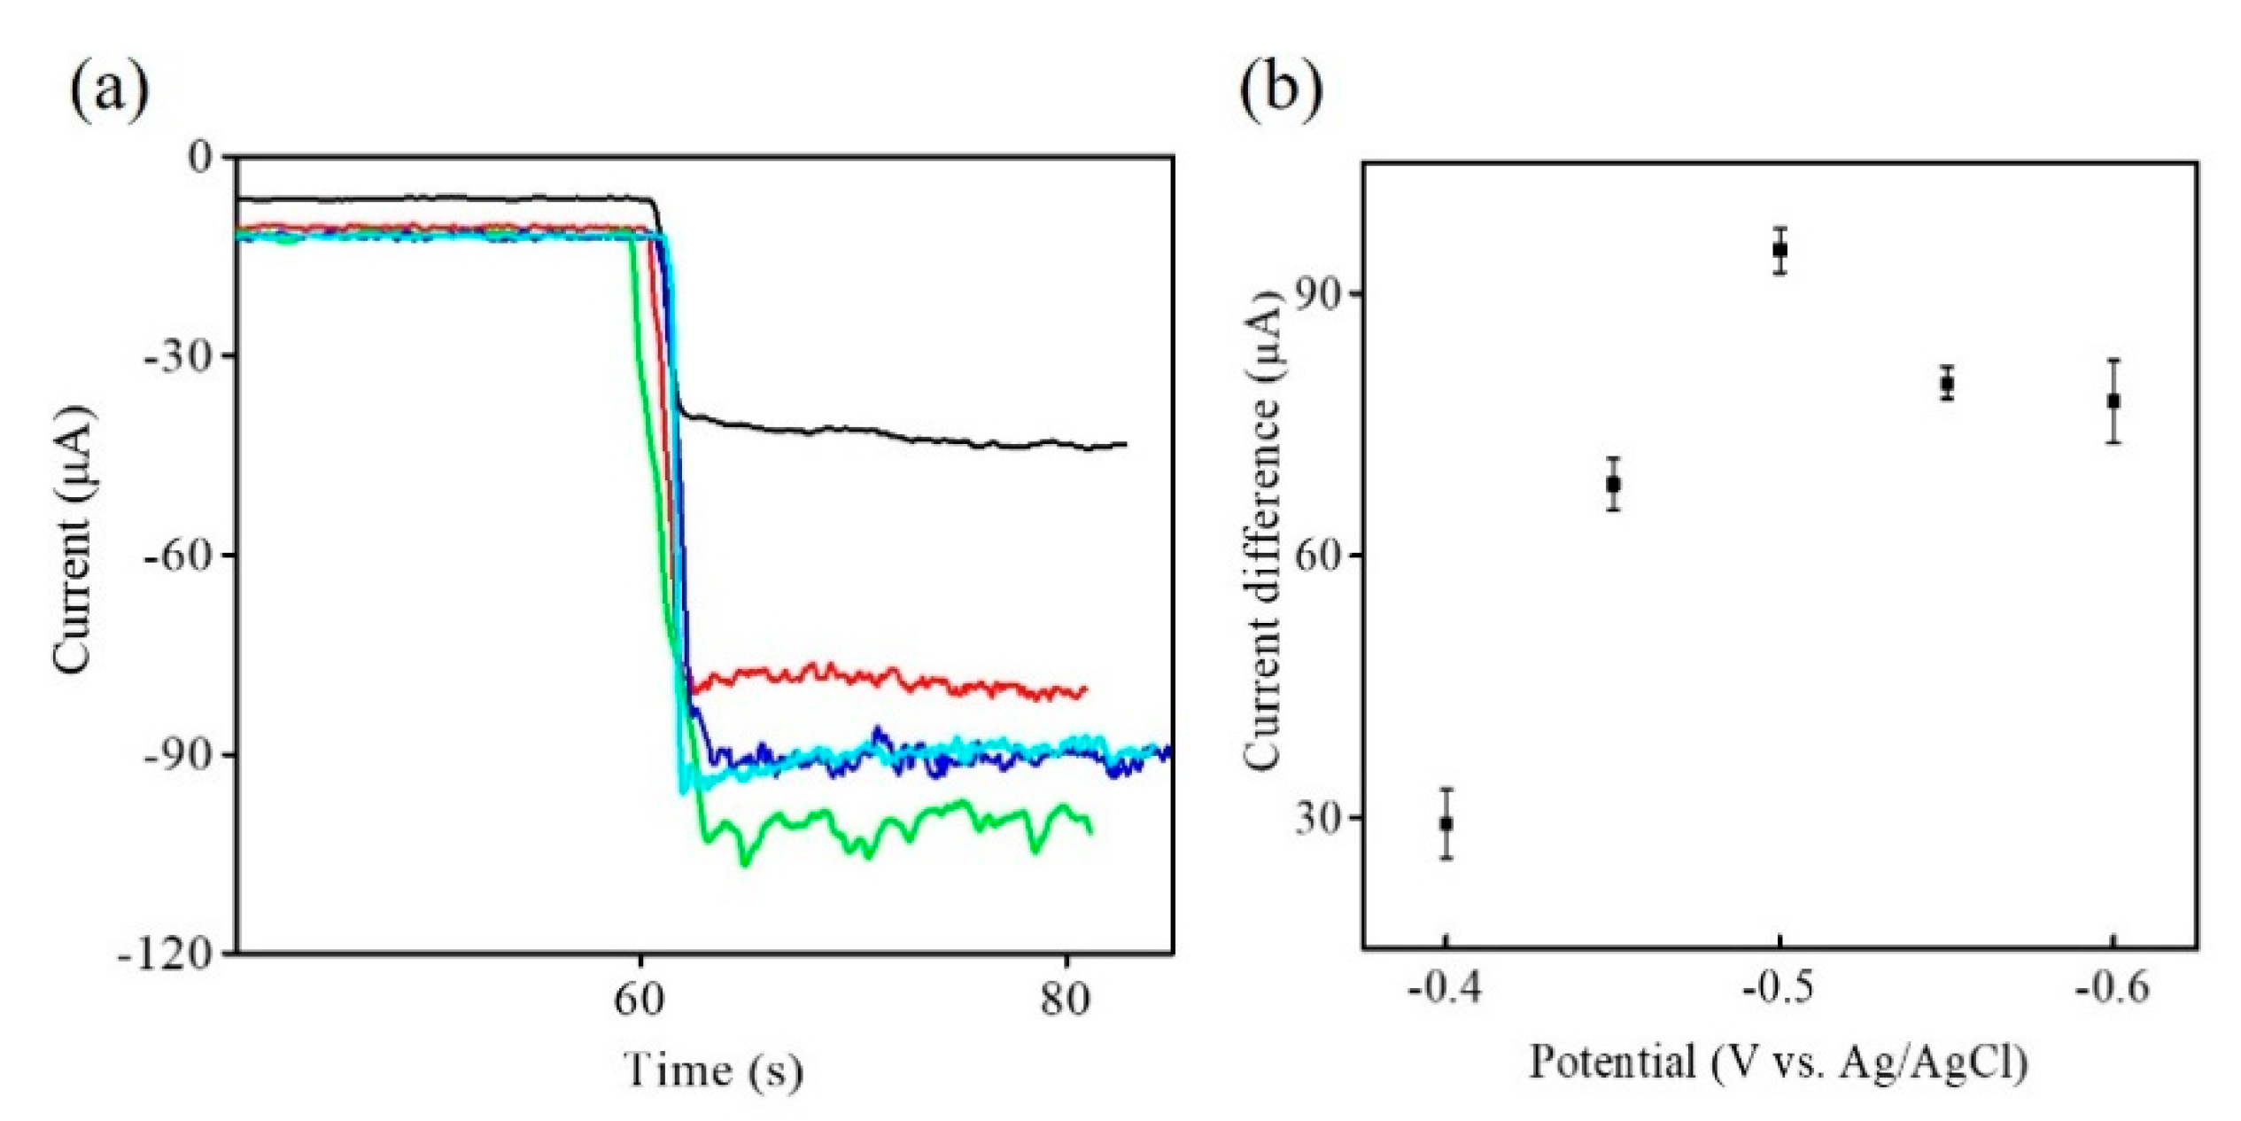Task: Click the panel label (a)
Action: (109, 90)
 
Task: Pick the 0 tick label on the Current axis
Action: (202, 157)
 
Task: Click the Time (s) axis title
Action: (714, 1070)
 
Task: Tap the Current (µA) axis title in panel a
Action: (73, 541)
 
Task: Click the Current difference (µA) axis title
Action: (1261, 532)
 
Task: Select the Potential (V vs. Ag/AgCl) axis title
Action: (1779, 1062)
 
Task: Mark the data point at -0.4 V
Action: (1446, 823)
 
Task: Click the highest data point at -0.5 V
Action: (1780, 250)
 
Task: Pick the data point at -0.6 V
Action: (2113, 401)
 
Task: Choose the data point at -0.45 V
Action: (1614, 484)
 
